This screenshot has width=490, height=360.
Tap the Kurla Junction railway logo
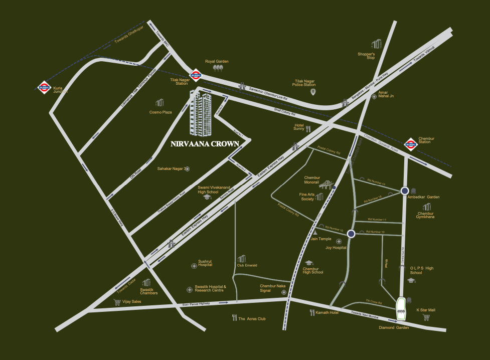(43, 87)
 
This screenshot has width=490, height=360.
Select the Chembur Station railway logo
(411, 143)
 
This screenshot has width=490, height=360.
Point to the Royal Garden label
(217, 61)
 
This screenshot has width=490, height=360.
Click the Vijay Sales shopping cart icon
(117, 302)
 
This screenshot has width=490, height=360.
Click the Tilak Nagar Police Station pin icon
(313, 92)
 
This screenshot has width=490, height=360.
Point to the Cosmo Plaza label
(160, 112)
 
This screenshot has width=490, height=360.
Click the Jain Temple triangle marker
(315, 233)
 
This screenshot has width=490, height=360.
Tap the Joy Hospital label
(336, 248)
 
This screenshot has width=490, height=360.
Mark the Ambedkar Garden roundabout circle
(405, 191)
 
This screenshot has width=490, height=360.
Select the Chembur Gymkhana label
(426, 215)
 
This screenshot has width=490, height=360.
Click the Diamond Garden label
(394, 327)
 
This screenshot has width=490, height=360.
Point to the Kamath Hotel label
(327, 312)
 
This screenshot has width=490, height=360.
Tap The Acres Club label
(252, 318)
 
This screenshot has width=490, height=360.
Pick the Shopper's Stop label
(366, 56)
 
